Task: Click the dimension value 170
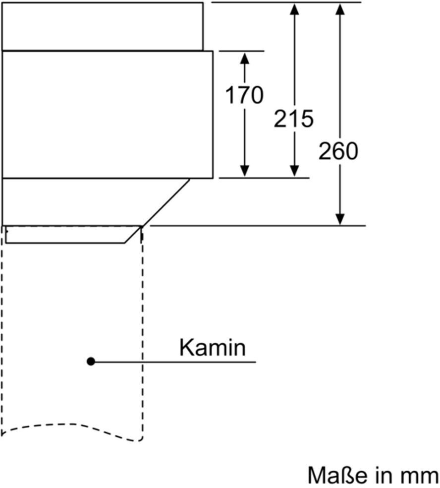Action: (244, 95)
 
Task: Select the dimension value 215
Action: (294, 119)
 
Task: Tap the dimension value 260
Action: (338, 151)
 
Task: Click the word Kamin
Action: (212, 348)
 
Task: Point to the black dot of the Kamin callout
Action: (91, 362)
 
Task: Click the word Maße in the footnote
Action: (335, 475)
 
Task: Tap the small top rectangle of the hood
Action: (103, 26)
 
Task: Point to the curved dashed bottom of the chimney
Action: (74, 426)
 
